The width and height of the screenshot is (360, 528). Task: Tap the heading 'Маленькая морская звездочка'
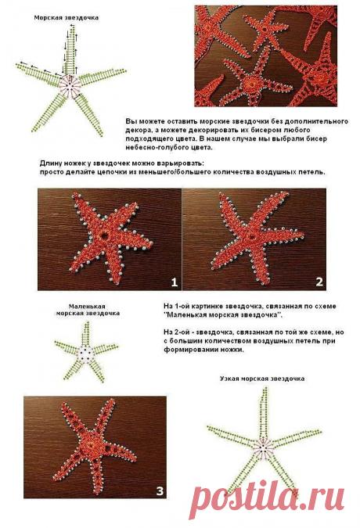point(87,309)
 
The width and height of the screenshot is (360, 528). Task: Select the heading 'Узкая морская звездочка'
point(261,378)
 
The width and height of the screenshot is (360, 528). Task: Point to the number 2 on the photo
point(319,280)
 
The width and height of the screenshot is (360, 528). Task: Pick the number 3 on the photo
point(160,490)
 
